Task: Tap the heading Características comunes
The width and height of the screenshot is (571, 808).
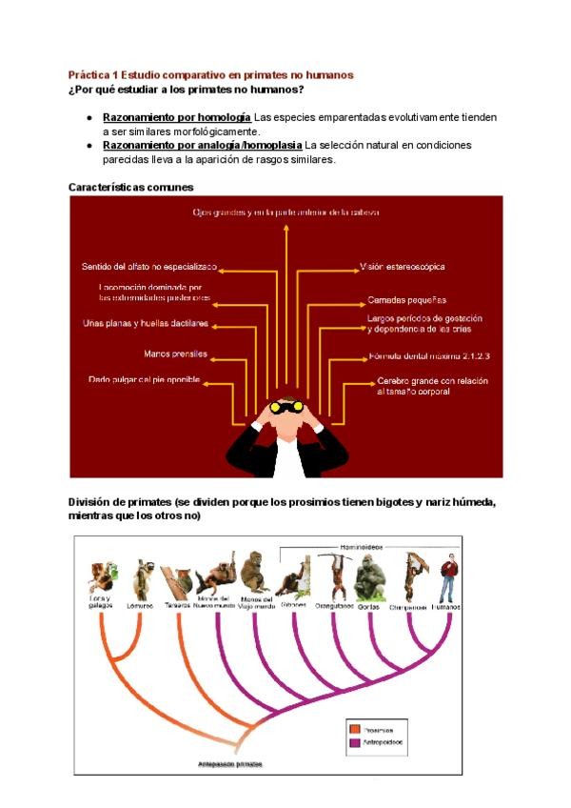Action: pos(131,188)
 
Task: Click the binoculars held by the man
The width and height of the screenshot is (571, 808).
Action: pos(285,406)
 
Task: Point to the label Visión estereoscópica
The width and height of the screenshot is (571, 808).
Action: pos(402,267)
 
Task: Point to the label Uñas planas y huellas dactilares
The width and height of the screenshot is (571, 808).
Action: pos(146,323)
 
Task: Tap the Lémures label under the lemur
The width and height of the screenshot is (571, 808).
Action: pos(141,606)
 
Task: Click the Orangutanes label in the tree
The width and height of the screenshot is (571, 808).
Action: pos(334,606)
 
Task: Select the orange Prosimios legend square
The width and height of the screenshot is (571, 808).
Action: pos(357,727)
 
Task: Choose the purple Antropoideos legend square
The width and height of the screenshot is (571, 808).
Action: pos(357,741)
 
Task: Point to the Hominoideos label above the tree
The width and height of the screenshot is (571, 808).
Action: pos(361,547)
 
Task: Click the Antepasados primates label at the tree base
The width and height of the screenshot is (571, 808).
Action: pos(230,764)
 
